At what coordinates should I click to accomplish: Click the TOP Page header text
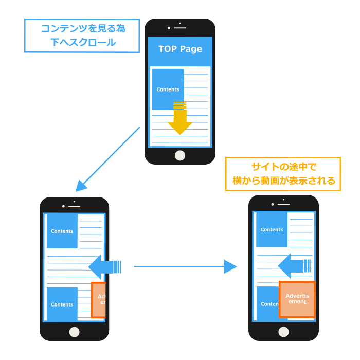[180, 49]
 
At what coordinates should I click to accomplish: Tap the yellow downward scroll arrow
[179, 121]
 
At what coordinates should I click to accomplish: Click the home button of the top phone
[179, 155]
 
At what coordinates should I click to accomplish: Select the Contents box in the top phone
[168, 89]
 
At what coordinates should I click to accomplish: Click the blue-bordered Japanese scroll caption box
[82, 35]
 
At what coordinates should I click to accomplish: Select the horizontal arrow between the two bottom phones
[185, 266]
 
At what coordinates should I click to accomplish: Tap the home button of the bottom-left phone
[74, 331]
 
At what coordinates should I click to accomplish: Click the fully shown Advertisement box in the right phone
[296, 299]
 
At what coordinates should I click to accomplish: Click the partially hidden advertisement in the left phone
[99, 300]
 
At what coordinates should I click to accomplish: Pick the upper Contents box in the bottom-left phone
[62, 231]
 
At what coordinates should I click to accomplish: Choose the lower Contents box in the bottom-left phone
[62, 304]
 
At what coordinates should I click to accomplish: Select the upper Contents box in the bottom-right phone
[272, 230]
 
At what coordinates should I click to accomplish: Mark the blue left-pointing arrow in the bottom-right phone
[294, 265]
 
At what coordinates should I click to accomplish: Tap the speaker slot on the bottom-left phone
[75, 206]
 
